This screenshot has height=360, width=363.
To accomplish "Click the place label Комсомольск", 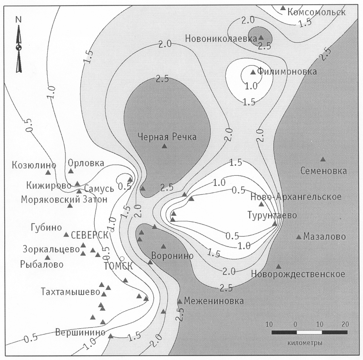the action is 316,12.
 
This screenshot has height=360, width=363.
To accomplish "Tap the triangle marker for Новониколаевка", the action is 261,37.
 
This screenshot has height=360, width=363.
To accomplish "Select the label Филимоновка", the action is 287,71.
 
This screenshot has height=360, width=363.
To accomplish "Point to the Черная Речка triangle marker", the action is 164,146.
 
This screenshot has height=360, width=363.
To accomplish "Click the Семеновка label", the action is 324,171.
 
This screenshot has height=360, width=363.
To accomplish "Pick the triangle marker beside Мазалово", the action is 299,237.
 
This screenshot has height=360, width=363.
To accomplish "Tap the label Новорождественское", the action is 298,274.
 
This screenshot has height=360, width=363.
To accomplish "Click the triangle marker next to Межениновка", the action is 180,301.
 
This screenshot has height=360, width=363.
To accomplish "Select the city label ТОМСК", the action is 118,266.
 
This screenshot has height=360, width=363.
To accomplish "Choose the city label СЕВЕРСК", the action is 90,235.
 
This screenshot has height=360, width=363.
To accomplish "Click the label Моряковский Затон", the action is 64,199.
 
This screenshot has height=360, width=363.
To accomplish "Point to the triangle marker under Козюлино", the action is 48,172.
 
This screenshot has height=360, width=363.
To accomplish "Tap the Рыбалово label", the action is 42,264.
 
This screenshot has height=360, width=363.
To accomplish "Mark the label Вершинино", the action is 80,332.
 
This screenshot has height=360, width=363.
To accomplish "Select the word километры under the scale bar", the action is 305,343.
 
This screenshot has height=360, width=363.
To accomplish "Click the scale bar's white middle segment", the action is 309,332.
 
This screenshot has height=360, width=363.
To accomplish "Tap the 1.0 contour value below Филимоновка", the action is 251,86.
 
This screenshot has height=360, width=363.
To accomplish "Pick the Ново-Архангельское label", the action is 296,197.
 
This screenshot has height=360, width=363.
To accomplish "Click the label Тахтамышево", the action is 71,292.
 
